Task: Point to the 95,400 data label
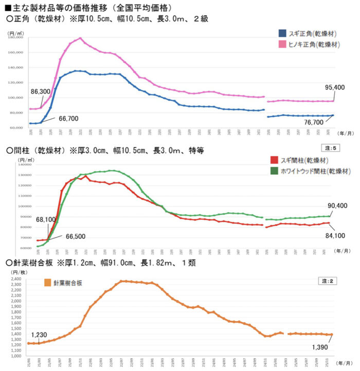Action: [x=334, y=87]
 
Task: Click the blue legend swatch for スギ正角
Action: [x=282, y=33]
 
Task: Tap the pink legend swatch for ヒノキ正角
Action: [x=282, y=44]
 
